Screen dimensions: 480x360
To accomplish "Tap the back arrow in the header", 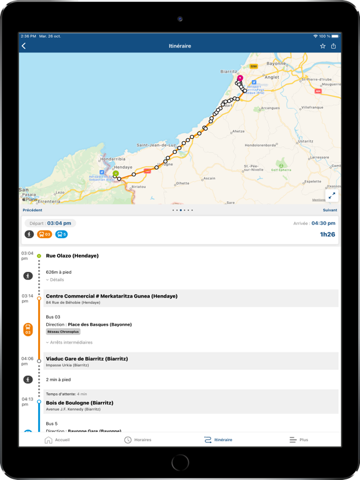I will (x=24, y=46).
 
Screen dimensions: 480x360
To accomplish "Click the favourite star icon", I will (x=322, y=46).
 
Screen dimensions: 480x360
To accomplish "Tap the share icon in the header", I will (x=334, y=46).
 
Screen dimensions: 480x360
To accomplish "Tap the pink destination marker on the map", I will (x=240, y=79).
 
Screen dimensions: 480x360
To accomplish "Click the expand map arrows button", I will (x=332, y=196).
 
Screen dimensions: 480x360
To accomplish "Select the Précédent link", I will (x=32, y=210).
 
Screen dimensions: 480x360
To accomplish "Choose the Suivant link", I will (x=329, y=210).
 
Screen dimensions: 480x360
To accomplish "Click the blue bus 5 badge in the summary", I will (x=61, y=234).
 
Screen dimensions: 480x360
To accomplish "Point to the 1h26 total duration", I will (x=327, y=234).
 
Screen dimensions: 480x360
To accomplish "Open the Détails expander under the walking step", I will (x=55, y=280).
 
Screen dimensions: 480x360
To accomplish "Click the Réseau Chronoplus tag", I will (x=64, y=332).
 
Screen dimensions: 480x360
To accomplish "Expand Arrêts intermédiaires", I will (x=69, y=342).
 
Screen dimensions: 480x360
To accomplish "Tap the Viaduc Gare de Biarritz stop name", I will (x=87, y=359).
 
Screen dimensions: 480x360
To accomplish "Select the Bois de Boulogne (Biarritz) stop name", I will (x=79, y=403).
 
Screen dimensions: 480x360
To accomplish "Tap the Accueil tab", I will (x=57, y=440).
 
